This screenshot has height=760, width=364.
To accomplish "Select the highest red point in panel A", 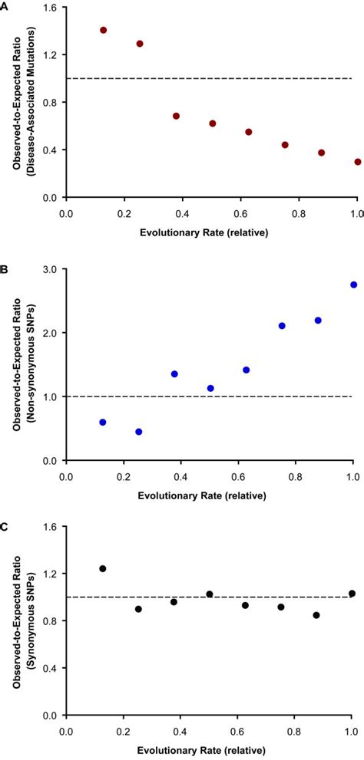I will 103,31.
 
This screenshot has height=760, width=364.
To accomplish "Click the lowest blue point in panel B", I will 139,432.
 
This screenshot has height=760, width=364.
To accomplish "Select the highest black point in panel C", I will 103,568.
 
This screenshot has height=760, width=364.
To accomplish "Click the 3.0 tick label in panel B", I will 52,269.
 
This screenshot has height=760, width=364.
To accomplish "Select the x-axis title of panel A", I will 209,232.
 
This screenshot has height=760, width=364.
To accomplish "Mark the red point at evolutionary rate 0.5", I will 212,123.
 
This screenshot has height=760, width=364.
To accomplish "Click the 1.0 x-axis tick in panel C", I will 354,735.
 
